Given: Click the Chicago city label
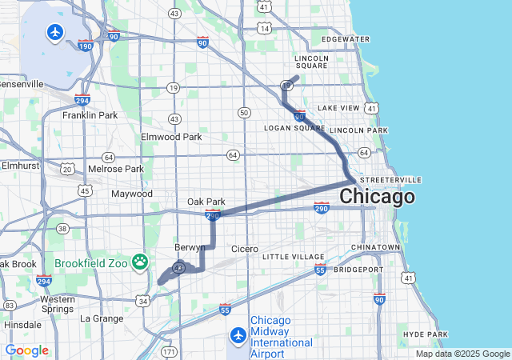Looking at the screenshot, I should [x=377, y=197].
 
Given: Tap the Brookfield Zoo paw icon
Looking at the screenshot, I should [x=141, y=262].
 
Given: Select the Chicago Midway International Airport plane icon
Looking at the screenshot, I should [x=238, y=334].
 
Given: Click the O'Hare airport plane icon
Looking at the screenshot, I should [x=55, y=33].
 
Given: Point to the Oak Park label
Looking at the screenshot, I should [x=206, y=202].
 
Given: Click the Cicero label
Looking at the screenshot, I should [x=245, y=249].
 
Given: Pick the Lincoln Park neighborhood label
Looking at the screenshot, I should [x=358, y=130].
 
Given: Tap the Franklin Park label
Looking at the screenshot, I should [x=90, y=115].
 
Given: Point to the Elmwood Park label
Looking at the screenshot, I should [x=171, y=137].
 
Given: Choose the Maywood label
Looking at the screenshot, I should [x=131, y=194].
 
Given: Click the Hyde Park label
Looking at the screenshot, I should [x=425, y=334].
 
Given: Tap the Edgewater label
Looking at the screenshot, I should [x=345, y=39].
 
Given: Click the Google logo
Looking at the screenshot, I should [x=26, y=350].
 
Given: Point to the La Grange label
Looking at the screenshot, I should [x=102, y=318].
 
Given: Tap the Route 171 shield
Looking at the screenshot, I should [x=169, y=351].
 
